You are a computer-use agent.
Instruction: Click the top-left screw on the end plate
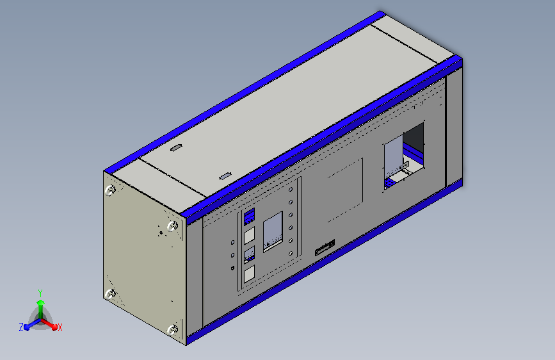(110, 190)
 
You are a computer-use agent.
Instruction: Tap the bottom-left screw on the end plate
(110, 294)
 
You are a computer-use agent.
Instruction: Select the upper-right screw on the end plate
(172, 225)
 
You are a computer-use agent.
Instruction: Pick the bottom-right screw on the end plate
(172, 330)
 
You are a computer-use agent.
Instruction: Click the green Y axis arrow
(40, 299)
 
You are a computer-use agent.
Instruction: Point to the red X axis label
(60, 327)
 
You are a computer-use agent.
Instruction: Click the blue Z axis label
(21, 327)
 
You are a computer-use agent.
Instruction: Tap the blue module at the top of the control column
(250, 216)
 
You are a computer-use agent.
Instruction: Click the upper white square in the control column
(250, 236)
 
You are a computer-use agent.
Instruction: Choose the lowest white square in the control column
(250, 274)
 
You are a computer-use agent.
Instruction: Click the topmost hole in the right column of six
(291, 190)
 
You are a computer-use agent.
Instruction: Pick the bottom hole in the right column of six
(291, 254)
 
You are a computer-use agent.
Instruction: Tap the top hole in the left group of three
(232, 243)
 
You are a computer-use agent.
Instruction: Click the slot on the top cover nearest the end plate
(175, 149)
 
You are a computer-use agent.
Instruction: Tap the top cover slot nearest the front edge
(225, 175)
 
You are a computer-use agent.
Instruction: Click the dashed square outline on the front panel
(345, 190)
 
